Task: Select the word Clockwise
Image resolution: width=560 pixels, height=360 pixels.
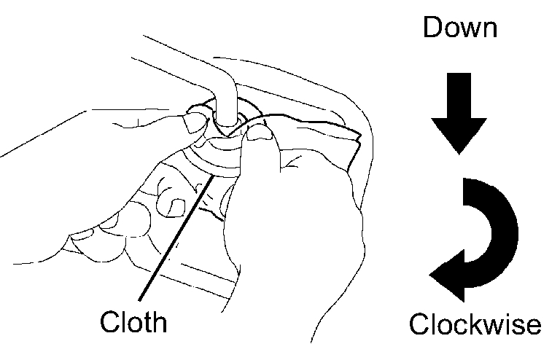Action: pyautogui.click(x=475, y=324)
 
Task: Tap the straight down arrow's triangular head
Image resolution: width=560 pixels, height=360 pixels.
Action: pyautogui.click(x=457, y=134)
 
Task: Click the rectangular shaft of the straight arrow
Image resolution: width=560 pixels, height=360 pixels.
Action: pyautogui.click(x=457, y=94)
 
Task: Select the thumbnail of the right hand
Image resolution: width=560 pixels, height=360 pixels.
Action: pyautogui.click(x=257, y=133)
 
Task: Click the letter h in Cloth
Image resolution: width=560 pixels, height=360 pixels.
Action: pyautogui.click(x=158, y=321)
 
